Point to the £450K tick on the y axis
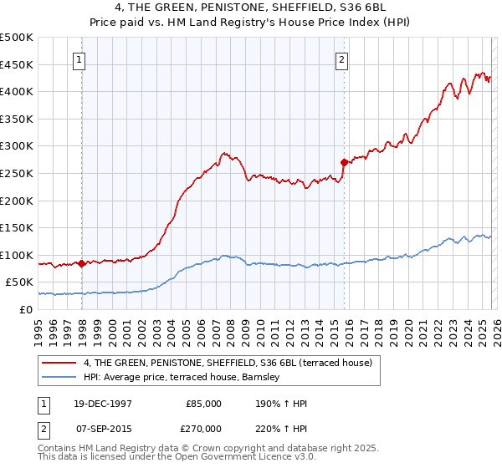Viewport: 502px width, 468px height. tap(17, 64)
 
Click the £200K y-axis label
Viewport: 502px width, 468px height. tap(17, 201)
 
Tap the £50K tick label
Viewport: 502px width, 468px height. tap(20, 282)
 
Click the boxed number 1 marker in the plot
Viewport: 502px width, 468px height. tap(79, 59)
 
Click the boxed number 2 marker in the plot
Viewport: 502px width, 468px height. tap(342, 59)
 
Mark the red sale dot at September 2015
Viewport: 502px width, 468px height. tap(344, 162)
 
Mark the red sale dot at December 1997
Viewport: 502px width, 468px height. tap(81, 263)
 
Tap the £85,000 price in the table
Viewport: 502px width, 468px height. tap(202, 404)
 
